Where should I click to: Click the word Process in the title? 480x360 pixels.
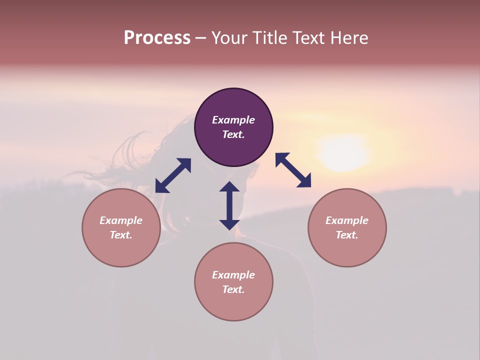[157, 38]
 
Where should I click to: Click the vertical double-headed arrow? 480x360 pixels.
[229, 205]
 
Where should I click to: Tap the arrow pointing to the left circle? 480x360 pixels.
[173, 175]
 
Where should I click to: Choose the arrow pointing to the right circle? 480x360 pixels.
[293, 170]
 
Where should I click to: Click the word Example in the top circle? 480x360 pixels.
[233, 120]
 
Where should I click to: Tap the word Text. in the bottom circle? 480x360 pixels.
[233, 289]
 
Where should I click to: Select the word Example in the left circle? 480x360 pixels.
[121, 220]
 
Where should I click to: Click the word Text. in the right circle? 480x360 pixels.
[347, 235]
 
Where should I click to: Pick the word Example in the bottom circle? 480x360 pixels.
[233, 275]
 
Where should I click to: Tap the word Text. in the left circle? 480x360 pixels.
[121, 235]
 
